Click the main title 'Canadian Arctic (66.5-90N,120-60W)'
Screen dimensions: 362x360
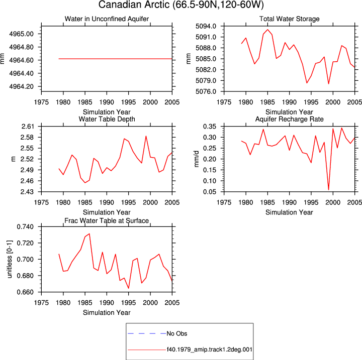tap(181, 5)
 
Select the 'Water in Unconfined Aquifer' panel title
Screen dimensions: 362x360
tap(107, 19)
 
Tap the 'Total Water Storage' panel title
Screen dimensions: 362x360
tap(289, 19)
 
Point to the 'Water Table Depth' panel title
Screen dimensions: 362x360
tap(107, 119)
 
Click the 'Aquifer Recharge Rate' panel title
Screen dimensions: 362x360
tap(289, 119)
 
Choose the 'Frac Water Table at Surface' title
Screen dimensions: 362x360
tap(107, 221)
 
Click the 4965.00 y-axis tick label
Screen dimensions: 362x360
tap(21, 34)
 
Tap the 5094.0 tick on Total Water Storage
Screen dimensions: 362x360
tap(206, 26)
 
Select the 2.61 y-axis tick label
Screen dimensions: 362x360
tap(28, 127)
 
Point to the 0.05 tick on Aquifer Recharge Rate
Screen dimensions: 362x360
tap(210, 192)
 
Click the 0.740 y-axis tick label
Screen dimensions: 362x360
tap(25, 227)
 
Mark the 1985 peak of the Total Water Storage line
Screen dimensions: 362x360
tap(267, 30)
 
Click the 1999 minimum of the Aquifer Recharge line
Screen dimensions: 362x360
tap(328, 190)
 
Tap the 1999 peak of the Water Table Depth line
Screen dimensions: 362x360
tap(146, 136)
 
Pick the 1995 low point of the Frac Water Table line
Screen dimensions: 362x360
tap(128, 288)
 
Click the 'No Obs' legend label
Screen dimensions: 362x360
tap(177, 333)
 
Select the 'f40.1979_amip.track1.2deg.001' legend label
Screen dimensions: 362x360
tap(209, 349)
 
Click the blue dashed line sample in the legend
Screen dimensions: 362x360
tap(147, 333)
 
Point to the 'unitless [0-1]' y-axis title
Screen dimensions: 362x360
tap(10, 259)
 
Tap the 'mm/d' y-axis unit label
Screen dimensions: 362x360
tap(196, 159)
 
